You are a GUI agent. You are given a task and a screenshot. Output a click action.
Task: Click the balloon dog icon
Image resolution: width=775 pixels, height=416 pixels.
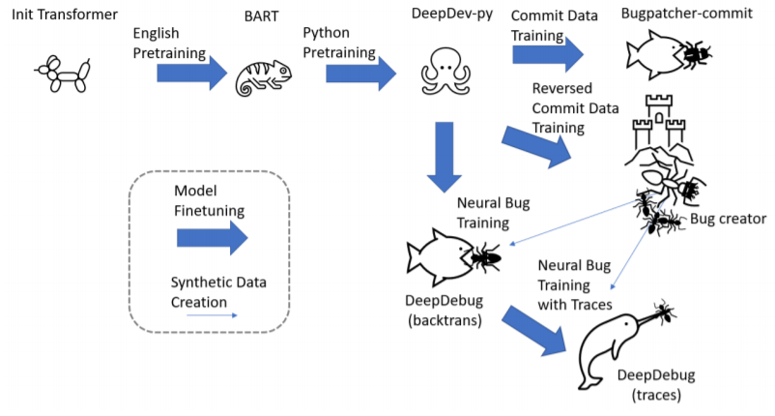pos(63,74)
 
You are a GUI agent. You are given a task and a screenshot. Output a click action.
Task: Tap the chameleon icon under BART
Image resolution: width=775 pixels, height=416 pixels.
pos(264,78)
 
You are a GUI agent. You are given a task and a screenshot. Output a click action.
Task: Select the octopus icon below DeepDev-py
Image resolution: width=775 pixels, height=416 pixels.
pos(445,71)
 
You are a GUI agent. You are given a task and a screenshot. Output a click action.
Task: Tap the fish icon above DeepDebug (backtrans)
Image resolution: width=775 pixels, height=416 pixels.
pos(440,257)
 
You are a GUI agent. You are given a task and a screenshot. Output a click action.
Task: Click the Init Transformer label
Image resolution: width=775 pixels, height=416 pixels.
pos(65,15)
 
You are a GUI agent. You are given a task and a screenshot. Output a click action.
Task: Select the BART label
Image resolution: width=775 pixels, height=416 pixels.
pos(262,15)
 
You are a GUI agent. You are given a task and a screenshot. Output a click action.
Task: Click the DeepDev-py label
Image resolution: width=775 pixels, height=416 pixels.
pos(452,14)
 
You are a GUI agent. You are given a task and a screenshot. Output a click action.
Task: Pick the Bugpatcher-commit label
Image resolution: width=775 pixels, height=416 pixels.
pos(686,14)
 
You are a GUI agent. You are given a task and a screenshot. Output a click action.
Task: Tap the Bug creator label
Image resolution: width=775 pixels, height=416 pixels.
pos(728,219)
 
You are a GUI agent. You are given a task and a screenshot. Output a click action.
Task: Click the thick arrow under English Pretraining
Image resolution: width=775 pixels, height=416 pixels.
pos(191,74)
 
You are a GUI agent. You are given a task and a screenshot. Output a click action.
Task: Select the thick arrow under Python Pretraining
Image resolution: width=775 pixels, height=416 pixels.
pos(360,74)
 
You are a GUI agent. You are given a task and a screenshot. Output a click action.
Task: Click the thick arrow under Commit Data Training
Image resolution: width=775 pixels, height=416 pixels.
pos(548,54)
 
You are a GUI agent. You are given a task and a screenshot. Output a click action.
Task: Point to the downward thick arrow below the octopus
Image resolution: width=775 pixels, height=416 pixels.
pos(445,158)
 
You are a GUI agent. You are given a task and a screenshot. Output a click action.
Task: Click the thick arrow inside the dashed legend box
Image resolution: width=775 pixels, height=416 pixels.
pos(212,238)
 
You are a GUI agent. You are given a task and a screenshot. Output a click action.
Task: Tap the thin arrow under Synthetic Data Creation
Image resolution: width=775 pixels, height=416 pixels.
pos(212,315)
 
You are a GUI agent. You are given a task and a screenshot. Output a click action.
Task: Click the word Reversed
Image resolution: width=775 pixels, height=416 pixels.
pos(562,88)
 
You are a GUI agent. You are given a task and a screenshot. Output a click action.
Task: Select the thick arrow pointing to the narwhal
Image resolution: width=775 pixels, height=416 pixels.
pos(534,331)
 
